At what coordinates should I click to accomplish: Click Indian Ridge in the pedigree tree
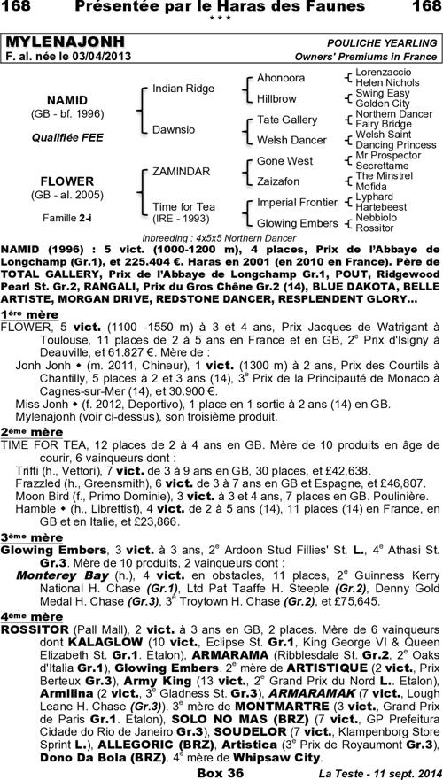[183, 89]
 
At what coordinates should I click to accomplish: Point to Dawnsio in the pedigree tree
[174, 129]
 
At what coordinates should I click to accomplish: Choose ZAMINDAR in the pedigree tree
[182, 170]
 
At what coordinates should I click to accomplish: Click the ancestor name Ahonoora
[281, 78]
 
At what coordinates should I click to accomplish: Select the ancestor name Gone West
[284, 161]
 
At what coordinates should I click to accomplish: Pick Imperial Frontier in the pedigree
[298, 202]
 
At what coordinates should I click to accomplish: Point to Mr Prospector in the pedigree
[387, 155]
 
